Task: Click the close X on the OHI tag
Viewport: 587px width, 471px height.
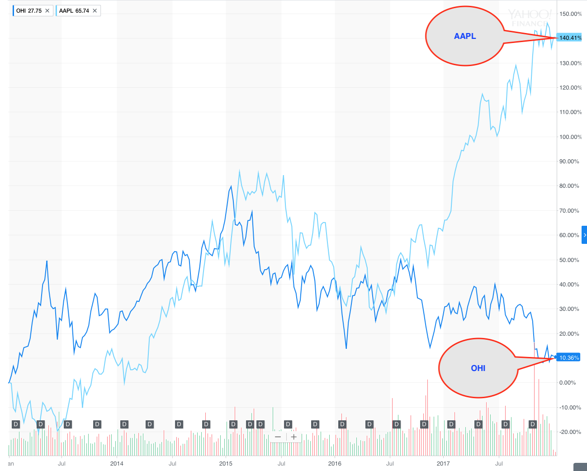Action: click(47, 11)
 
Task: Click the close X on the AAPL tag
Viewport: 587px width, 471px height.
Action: click(95, 11)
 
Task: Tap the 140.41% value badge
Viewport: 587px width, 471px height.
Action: click(570, 38)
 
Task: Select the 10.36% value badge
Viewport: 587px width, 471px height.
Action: click(568, 358)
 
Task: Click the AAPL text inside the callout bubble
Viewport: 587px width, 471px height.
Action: click(465, 36)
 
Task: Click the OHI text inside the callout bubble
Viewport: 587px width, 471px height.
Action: click(478, 368)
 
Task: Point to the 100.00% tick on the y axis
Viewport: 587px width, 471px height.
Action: click(570, 137)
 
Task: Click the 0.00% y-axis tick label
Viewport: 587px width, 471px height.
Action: click(568, 383)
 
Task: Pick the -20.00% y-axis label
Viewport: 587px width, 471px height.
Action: click(569, 432)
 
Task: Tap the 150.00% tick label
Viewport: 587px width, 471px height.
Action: click(570, 14)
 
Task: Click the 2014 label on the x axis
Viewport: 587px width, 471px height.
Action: click(117, 463)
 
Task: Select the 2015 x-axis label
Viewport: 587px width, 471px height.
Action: click(226, 463)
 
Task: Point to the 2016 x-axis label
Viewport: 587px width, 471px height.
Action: click(335, 463)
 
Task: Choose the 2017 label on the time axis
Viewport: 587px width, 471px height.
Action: click(443, 463)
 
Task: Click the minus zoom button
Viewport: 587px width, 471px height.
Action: click(278, 437)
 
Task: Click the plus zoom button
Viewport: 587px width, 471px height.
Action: click(294, 437)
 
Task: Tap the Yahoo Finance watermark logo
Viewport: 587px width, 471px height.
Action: click(529, 18)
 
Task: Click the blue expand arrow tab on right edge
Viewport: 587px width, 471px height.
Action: click(584, 235)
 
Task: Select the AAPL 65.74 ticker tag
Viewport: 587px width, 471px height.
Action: click(74, 11)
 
